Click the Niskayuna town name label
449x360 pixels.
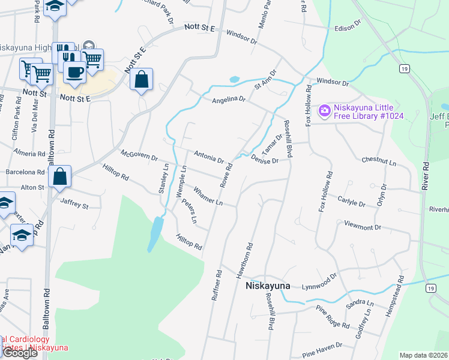pyautogui.click(x=268, y=286)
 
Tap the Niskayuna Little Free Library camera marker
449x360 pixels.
pyautogui.click(x=325, y=110)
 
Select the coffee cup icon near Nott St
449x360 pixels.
pyautogui.click(x=74, y=72)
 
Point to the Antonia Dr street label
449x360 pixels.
pyautogui.click(x=208, y=158)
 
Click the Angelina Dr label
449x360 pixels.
pyautogui.click(x=229, y=99)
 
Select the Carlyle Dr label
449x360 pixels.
pyautogui.click(x=351, y=201)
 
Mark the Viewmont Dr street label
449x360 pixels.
pyautogui.click(x=363, y=227)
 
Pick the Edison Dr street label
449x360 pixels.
pyautogui.click(x=348, y=27)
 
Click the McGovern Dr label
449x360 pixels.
pyautogui.click(x=139, y=156)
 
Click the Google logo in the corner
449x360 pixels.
pyautogui.click(x=19, y=352)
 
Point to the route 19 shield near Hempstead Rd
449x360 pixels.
pyautogui.click(x=430, y=289)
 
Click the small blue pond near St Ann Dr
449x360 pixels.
pyautogui.click(x=234, y=79)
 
